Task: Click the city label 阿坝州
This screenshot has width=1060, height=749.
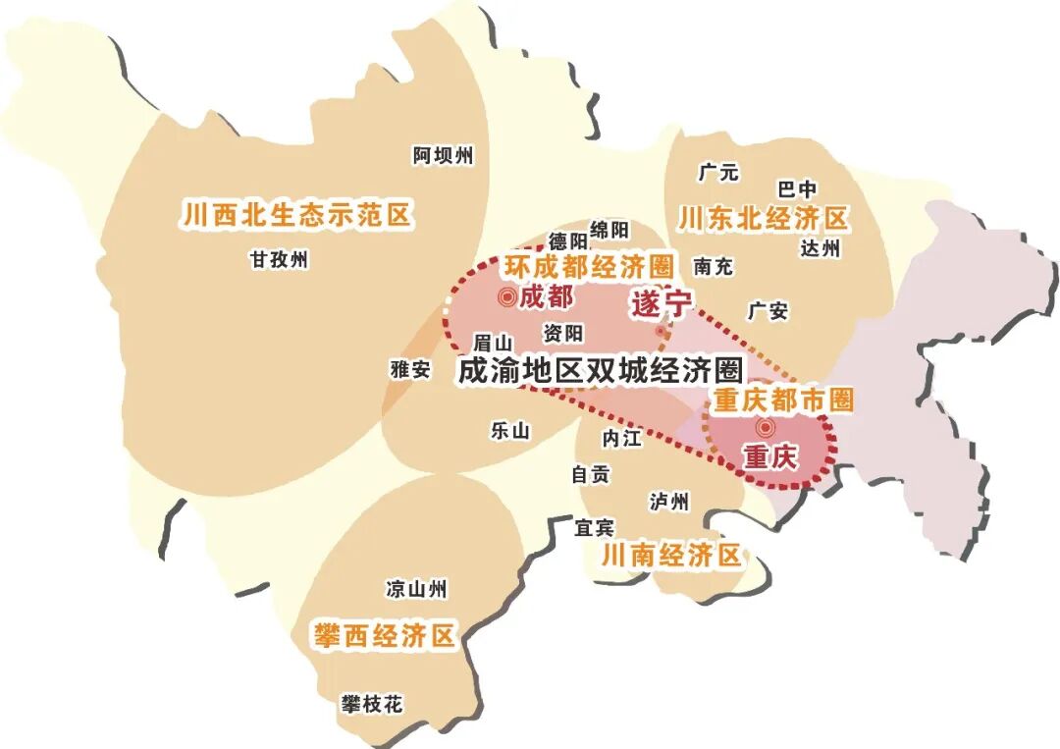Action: (x=443, y=155)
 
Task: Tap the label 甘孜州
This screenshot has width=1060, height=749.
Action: (x=279, y=260)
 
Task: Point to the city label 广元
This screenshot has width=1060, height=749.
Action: (x=717, y=173)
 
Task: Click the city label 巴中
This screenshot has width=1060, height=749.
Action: (x=797, y=189)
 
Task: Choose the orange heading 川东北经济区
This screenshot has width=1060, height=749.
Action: (x=763, y=218)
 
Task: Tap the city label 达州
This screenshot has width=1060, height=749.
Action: (x=821, y=248)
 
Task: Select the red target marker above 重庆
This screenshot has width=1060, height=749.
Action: (x=765, y=428)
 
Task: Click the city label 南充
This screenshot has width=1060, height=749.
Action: (x=713, y=266)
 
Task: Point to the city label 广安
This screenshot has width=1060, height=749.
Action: (x=768, y=311)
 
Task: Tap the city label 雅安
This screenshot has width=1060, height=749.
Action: (x=410, y=369)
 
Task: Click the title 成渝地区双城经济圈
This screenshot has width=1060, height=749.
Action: (x=602, y=370)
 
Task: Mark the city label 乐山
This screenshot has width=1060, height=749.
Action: (x=509, y=430)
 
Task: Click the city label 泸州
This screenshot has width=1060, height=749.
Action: (x=669, y=502)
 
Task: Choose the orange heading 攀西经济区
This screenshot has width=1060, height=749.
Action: (x=385, y=635)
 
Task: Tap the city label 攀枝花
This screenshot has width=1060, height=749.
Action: (x=372, y=704)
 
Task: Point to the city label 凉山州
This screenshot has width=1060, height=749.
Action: (x=417, y=589)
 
